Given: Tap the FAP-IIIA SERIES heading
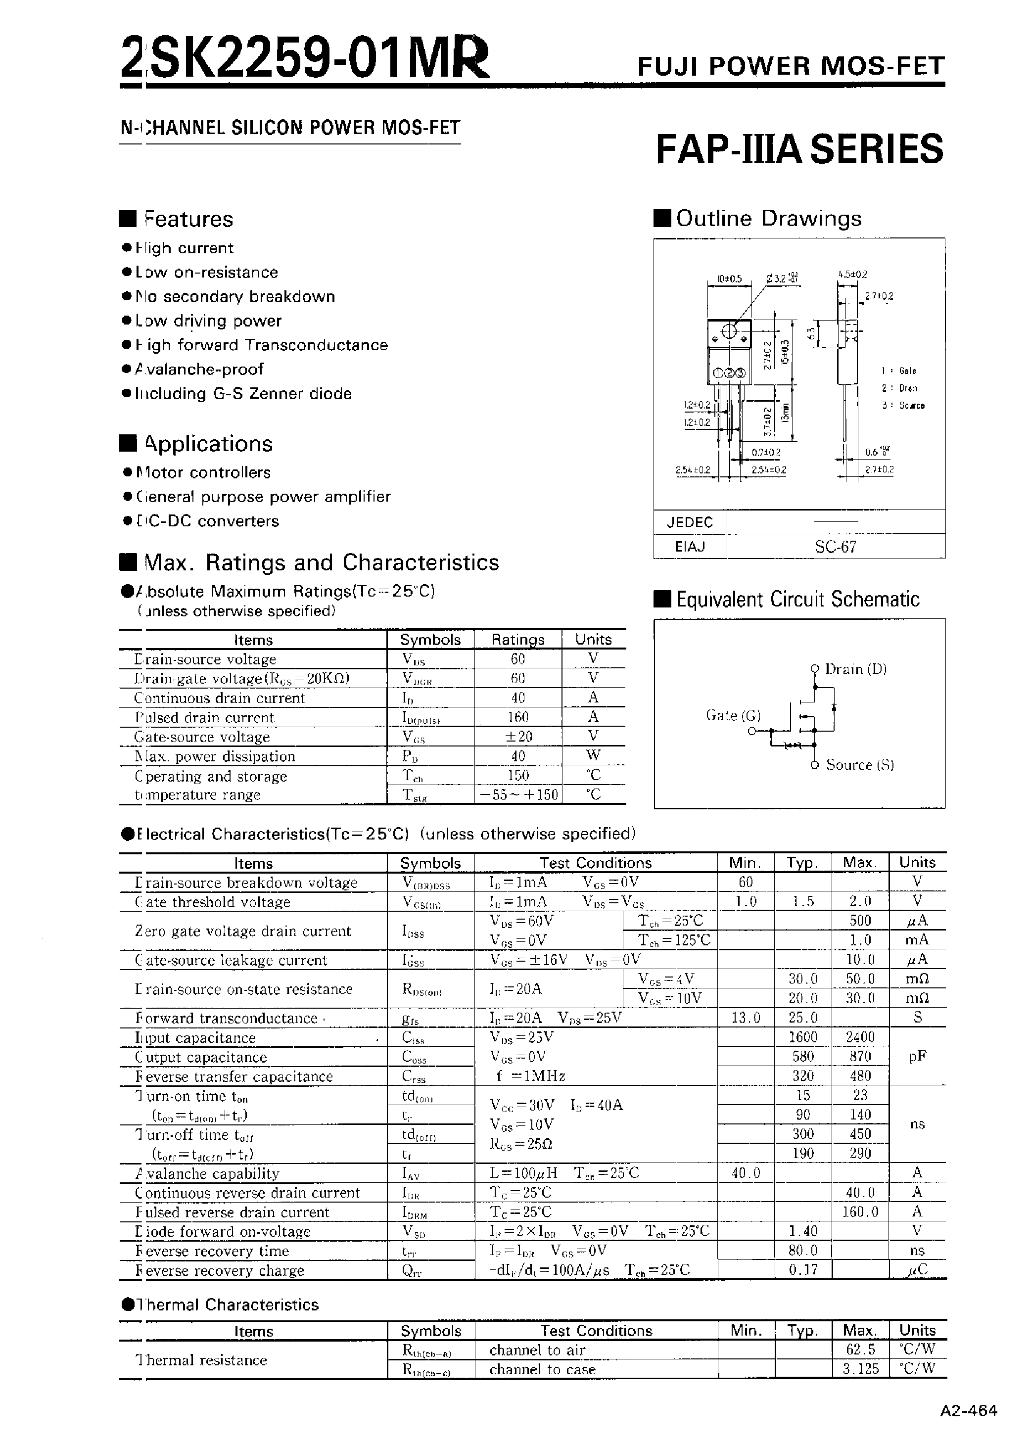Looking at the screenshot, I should pos(799,149).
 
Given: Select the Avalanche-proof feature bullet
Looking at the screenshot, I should pos(199,370).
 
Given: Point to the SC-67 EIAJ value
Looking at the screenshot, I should pos(835,547).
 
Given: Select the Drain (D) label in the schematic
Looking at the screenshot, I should pos(855,669).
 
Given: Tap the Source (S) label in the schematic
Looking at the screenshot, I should pos(859,765).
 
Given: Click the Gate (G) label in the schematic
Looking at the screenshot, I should pos(733,715).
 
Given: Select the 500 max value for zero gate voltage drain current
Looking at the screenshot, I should pos(859,921).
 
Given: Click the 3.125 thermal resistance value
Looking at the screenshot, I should pos(860,1369).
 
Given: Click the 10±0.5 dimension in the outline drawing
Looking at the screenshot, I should pos(729,279).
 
